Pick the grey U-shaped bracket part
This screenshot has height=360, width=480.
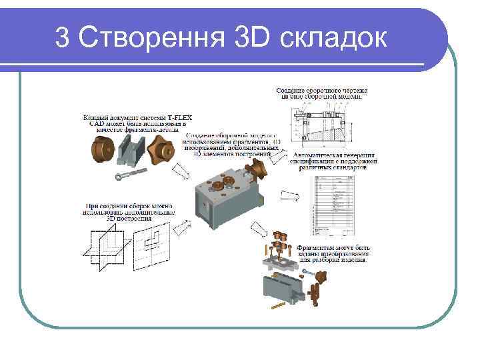(130, 152)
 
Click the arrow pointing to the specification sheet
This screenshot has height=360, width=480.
(291, 195)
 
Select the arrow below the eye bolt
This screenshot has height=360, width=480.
(181, 173)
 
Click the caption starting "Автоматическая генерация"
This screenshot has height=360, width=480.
(333, 161)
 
